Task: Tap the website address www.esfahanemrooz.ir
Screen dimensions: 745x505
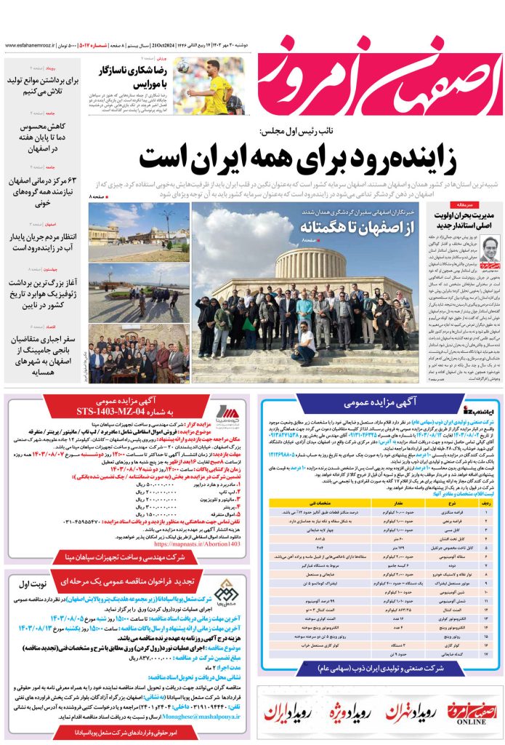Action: point(33,45)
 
